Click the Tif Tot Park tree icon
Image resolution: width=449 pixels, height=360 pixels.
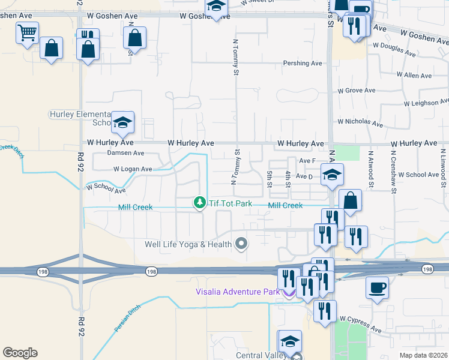click(199, 204)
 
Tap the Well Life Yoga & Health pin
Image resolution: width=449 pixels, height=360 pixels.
click(241, 244)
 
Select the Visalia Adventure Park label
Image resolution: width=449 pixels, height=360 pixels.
click(238, 292)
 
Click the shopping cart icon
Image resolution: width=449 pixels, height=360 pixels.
click(27, 34)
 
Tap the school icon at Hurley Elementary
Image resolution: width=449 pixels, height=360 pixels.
click(123, 123)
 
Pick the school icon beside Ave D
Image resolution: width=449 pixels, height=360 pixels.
click(331, 175)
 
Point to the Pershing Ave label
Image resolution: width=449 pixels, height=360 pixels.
click(303, 63)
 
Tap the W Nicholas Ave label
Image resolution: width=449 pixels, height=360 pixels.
click(360, 123)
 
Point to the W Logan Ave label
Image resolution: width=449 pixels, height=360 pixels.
click(133, 169)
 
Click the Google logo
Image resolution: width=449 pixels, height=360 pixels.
click(20, 353)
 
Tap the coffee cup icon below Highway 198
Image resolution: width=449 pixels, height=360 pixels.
click(377, 287)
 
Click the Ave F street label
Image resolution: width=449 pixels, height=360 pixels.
click(307, 161)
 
